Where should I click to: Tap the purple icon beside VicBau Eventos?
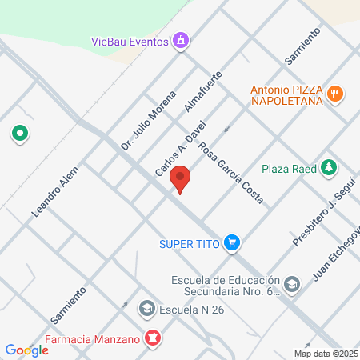point(182,39)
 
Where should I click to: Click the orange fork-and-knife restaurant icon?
point(337,94)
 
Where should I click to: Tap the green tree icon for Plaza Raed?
point(328,168)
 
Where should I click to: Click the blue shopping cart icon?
point(232,242)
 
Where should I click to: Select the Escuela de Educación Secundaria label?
point(226,286)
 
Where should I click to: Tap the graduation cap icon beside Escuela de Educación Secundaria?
point(293,284)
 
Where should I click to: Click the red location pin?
point(182,179)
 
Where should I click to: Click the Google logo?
point(26,350)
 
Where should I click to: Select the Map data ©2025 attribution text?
point(325,354)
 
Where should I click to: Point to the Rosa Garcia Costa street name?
point(231,173)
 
